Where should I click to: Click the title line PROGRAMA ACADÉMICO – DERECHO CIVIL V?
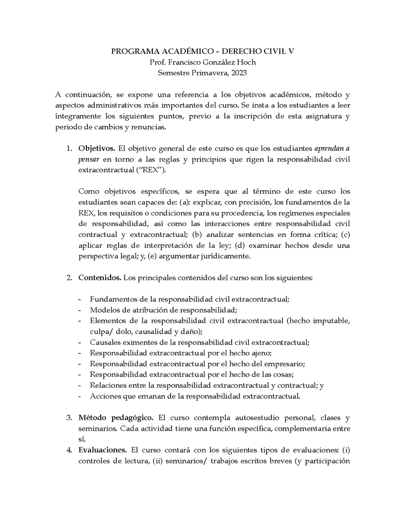coord(198,51)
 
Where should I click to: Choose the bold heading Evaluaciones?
coord(103,450)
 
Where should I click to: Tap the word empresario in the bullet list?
coord(283,364)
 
